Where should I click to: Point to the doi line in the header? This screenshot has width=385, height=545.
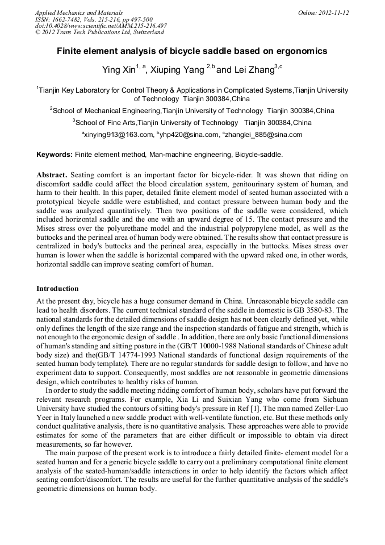[x=101, y=26]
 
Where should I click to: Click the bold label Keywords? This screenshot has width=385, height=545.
[x=55, y=155]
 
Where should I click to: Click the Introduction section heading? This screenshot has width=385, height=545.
[x=57, y=289]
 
